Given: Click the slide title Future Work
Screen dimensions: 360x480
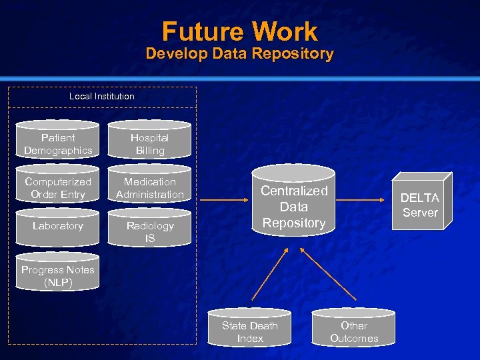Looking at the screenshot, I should click(240, 31).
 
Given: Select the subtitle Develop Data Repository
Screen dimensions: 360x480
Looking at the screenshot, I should click(240, 54).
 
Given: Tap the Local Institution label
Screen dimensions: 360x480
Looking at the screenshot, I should click(102, 97).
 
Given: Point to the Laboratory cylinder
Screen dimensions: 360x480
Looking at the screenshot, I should click(58, 227).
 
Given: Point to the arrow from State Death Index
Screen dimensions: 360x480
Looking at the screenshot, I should click(270, 275).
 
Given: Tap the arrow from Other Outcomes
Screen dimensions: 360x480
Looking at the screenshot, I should click(323, 275).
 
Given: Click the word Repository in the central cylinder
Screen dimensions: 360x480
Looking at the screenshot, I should click(294, 223).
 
